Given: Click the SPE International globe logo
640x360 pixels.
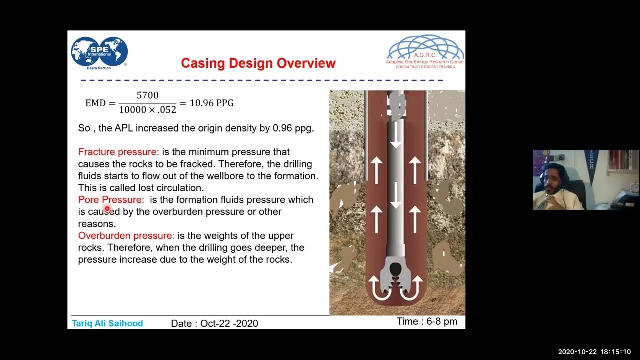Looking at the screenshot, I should [99, 52].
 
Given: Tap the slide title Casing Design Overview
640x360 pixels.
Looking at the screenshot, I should [258, 63].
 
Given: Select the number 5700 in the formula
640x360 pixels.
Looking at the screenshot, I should [147, 95].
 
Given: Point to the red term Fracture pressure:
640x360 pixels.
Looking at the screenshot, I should [118, 152].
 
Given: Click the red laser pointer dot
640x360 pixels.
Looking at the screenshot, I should [107, 209].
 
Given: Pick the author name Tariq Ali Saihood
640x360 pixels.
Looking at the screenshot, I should [107, 323].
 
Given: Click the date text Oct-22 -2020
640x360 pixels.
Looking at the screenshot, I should [229, 324].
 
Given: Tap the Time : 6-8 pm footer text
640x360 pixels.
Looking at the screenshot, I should [427, 321].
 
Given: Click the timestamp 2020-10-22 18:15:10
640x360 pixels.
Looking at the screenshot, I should [594, 352].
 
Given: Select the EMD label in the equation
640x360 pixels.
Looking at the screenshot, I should [95, 103].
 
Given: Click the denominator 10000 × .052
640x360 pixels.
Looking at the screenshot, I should [147, 110].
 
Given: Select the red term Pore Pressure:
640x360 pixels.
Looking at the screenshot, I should [111, 200].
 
